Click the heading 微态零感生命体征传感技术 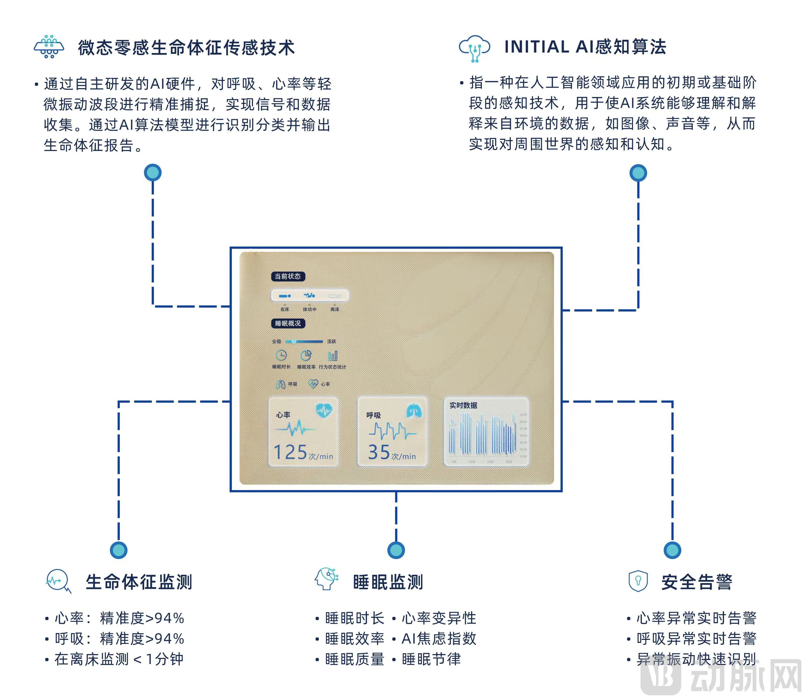pyautogui.click(x=186, y=48)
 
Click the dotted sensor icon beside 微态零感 pyautogui.click(x=49, y=47)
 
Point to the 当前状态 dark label pyautogui.click(x=288, y=276)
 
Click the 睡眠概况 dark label pyautogui.click(x=288, y=323)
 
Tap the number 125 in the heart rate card pyautogui.click(x=290, y=452)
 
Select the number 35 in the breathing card pyautogui.click(x=379, y=452)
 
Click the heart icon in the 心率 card pyautogui.click(x=324, y=410)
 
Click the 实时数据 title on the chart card pyautogui.click(x=463, y=406)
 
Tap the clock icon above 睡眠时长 pyautogui.click(x=281, y=355)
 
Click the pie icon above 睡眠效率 pyautogui.click(x=306, y=355)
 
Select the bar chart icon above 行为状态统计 pyautogui.click(x=332, y=355)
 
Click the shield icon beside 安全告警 pyautogui.click(x=638, y=581)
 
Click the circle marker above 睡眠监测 pyautogui.click(x=396, y=550)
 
